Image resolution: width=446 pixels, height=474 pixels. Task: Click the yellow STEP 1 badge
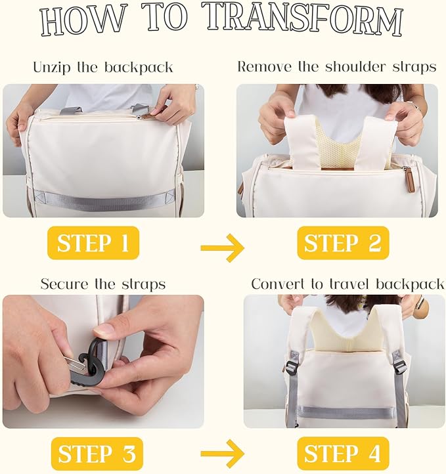[93, 243]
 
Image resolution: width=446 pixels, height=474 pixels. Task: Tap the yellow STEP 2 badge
[343, 243]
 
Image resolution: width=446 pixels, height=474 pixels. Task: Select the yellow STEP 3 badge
[97, 454]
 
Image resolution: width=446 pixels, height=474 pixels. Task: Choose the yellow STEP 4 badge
[343, 454]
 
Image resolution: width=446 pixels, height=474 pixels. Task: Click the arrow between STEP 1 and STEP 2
[222, 248]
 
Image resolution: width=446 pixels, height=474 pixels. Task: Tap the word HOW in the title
[83, 20]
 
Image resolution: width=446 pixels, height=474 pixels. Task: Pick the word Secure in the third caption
[65, 284]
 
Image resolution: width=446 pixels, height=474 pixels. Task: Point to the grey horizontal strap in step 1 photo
[104, 200]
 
